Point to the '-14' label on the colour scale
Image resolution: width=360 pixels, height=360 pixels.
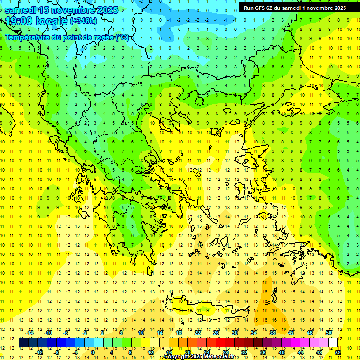(30, 333)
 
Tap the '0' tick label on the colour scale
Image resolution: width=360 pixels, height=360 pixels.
(92, 352)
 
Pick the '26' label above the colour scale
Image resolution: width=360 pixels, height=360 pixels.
(216, 333)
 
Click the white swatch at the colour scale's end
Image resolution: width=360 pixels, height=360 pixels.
(333, 343)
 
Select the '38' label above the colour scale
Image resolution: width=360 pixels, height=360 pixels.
(272, 333)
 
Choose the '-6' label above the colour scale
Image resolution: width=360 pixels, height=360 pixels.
(66, 333)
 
